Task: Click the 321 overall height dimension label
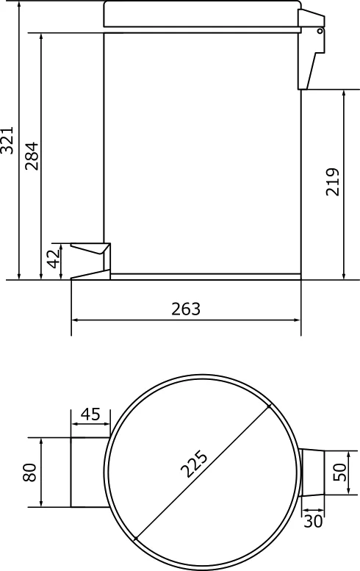[x=7, y=140]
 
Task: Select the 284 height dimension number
[x=32, y=156]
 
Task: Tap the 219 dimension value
[x=332, y=182]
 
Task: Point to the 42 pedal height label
[x=54, y=259]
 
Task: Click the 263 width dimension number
[x=186, y=309]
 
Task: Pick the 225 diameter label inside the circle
[x=194, y=464]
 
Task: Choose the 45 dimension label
[x=90, y=414]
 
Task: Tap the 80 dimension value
[x=30, y=473]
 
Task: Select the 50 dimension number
[x=339, y=473]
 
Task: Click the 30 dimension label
[x=313, y=522]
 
